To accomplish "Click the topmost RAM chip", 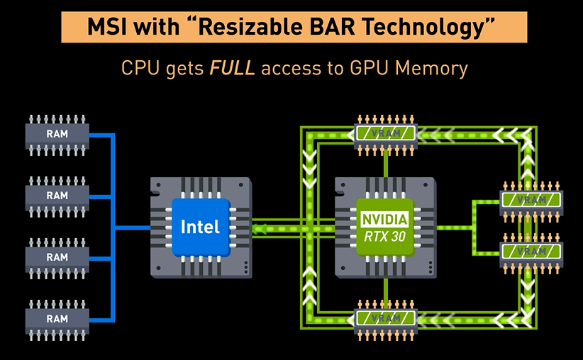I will (x=57, y=133).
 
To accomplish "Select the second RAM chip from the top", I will (x=57, y=195).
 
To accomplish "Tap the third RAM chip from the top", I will (x=57, y=257).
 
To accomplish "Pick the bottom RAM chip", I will (x=57, y=318).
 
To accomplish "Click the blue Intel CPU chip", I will (x=201, y=227).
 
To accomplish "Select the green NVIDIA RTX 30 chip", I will (x=385, y=227).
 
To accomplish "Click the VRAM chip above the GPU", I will (x=386, y=133).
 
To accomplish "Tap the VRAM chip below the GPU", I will (x=386, y=318).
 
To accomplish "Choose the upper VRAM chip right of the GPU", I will (x=532, y=200).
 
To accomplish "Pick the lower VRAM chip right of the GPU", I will (x=532, y=252).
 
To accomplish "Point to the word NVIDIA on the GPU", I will (x=385, y=219).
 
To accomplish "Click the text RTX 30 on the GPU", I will (x=385, y=236).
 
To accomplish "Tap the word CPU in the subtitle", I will (x=138, y=68).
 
